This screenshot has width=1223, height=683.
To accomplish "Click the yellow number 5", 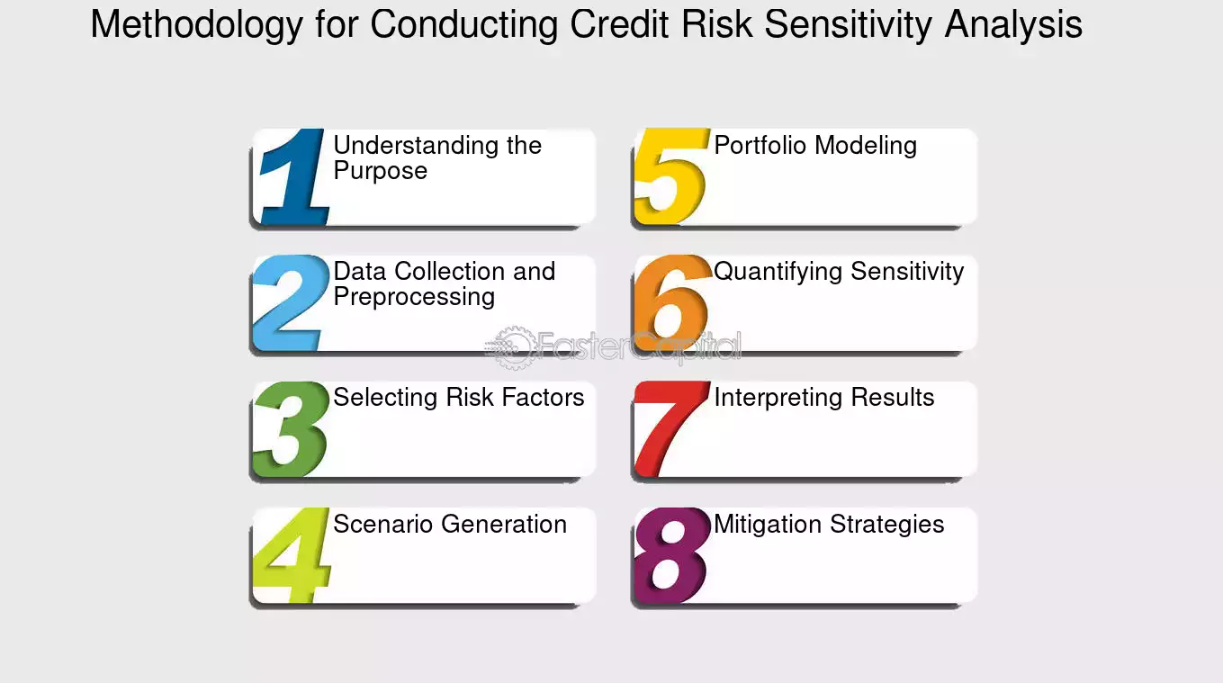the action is coord(670,176).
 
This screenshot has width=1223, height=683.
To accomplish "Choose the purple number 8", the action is coord(670,555).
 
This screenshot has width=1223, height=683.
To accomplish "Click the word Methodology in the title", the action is coord(196,25).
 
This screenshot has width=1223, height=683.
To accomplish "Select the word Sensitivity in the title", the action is coord(848,25).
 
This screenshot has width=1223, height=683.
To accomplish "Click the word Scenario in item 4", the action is coord(382,524).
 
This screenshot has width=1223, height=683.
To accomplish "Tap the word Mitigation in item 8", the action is coord(767,525).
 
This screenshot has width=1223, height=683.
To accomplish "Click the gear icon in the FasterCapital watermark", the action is coord(513,347).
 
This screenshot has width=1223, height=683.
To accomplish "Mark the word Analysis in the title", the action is coord(1013,25).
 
